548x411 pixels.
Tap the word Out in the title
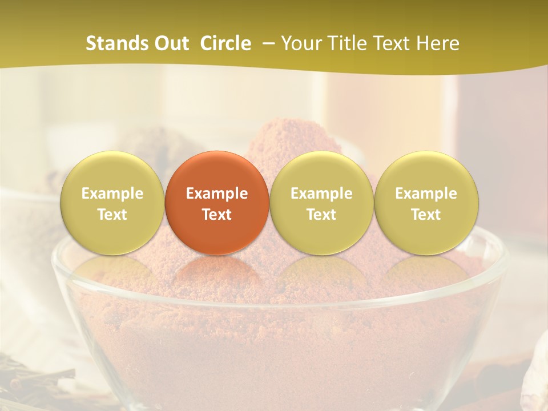171,44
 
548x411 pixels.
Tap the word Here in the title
438,44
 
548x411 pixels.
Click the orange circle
217,203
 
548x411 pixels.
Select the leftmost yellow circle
112,203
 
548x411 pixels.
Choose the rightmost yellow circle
426,203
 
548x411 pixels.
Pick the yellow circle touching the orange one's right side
321,203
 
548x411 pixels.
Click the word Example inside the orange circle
217,194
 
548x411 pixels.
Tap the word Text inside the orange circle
217,215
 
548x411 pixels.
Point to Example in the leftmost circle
112,194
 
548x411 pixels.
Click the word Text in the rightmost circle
426,215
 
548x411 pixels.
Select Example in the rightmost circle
426,194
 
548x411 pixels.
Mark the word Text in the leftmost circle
112,215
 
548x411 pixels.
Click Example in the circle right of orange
321,194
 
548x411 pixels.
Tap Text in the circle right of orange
321,215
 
